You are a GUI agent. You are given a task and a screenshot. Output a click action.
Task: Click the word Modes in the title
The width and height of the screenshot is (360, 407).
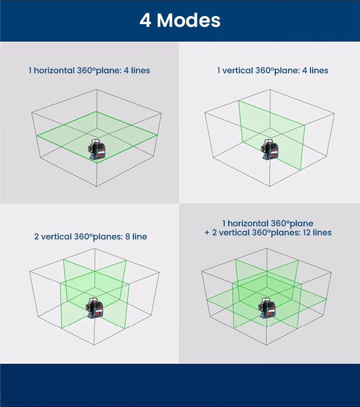(x=189, y=20)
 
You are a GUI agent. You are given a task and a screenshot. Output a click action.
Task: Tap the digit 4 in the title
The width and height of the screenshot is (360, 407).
(x=145, y=20)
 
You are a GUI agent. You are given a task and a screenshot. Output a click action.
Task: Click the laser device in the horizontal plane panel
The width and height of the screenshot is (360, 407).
(x=97, y=149)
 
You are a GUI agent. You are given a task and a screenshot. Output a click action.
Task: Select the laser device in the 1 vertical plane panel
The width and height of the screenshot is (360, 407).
(x=270, y=149)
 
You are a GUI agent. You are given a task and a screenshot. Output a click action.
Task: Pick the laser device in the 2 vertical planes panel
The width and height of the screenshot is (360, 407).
(x=94, y=308)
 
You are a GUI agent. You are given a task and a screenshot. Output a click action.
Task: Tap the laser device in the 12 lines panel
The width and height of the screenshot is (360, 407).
(x=267, y=308)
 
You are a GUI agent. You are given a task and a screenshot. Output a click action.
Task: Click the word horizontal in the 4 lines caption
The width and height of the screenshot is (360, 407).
(x=54, y=71)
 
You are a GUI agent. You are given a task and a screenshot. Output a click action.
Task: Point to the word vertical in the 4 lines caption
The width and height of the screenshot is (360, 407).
(x=238, y=71)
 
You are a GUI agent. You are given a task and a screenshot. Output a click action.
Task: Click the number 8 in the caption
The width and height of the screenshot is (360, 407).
(x=128, y=237)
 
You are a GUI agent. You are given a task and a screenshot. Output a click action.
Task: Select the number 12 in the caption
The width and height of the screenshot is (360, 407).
(x=307, y=232)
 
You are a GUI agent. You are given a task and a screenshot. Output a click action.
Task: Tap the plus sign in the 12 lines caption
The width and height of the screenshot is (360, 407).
(x=207, y=233)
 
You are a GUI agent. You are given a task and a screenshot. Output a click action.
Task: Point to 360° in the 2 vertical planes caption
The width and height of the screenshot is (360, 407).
(x=83, y=236)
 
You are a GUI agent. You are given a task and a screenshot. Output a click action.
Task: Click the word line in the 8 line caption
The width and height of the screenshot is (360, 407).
(x=140, y=236)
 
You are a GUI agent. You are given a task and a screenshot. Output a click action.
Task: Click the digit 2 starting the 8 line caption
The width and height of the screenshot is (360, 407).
(x=36, y=237)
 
